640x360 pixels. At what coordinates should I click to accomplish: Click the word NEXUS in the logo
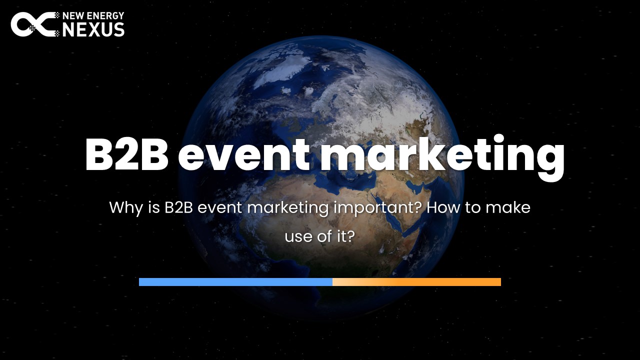click(x=93, y=29)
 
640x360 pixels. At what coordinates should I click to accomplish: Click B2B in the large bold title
click(x=126, y=155)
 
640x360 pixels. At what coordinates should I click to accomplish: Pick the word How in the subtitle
click(x=443, y=207)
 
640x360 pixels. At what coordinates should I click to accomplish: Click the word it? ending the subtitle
click(x=345, y=236)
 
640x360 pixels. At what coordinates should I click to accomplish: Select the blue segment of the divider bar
click(x=235, y=282)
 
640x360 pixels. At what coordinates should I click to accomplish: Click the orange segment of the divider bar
click(x=417, y=282)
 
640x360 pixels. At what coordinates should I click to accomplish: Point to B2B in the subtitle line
click(x=179, y=207)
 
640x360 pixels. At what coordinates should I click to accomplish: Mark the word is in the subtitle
click(x=153, y=207)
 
